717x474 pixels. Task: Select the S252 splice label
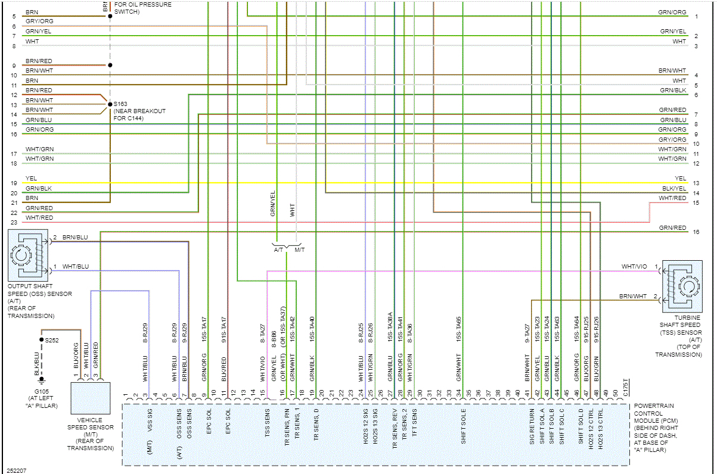pyautogui.click(x=52, y=340)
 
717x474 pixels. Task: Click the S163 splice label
pyautogui.click(x=120, y=104)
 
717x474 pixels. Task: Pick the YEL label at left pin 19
pyautogui.click(x=32, y=178)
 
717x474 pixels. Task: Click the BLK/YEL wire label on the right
pyautogui.click(x=674, y=188)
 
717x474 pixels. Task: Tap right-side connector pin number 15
pyautogui.click(x=696, y=203)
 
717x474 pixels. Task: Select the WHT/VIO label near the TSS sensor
pyautogui.click(x=634, y=267)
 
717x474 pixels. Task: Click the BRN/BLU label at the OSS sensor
pyautogui.click(x=75, y=237)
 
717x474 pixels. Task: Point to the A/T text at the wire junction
pyautogui.click(x=278, y=250)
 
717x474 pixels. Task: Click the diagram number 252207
pyautogui.click(x=16, y=470)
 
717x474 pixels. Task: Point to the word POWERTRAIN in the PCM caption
pyautogui.click(x=654, y=406)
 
